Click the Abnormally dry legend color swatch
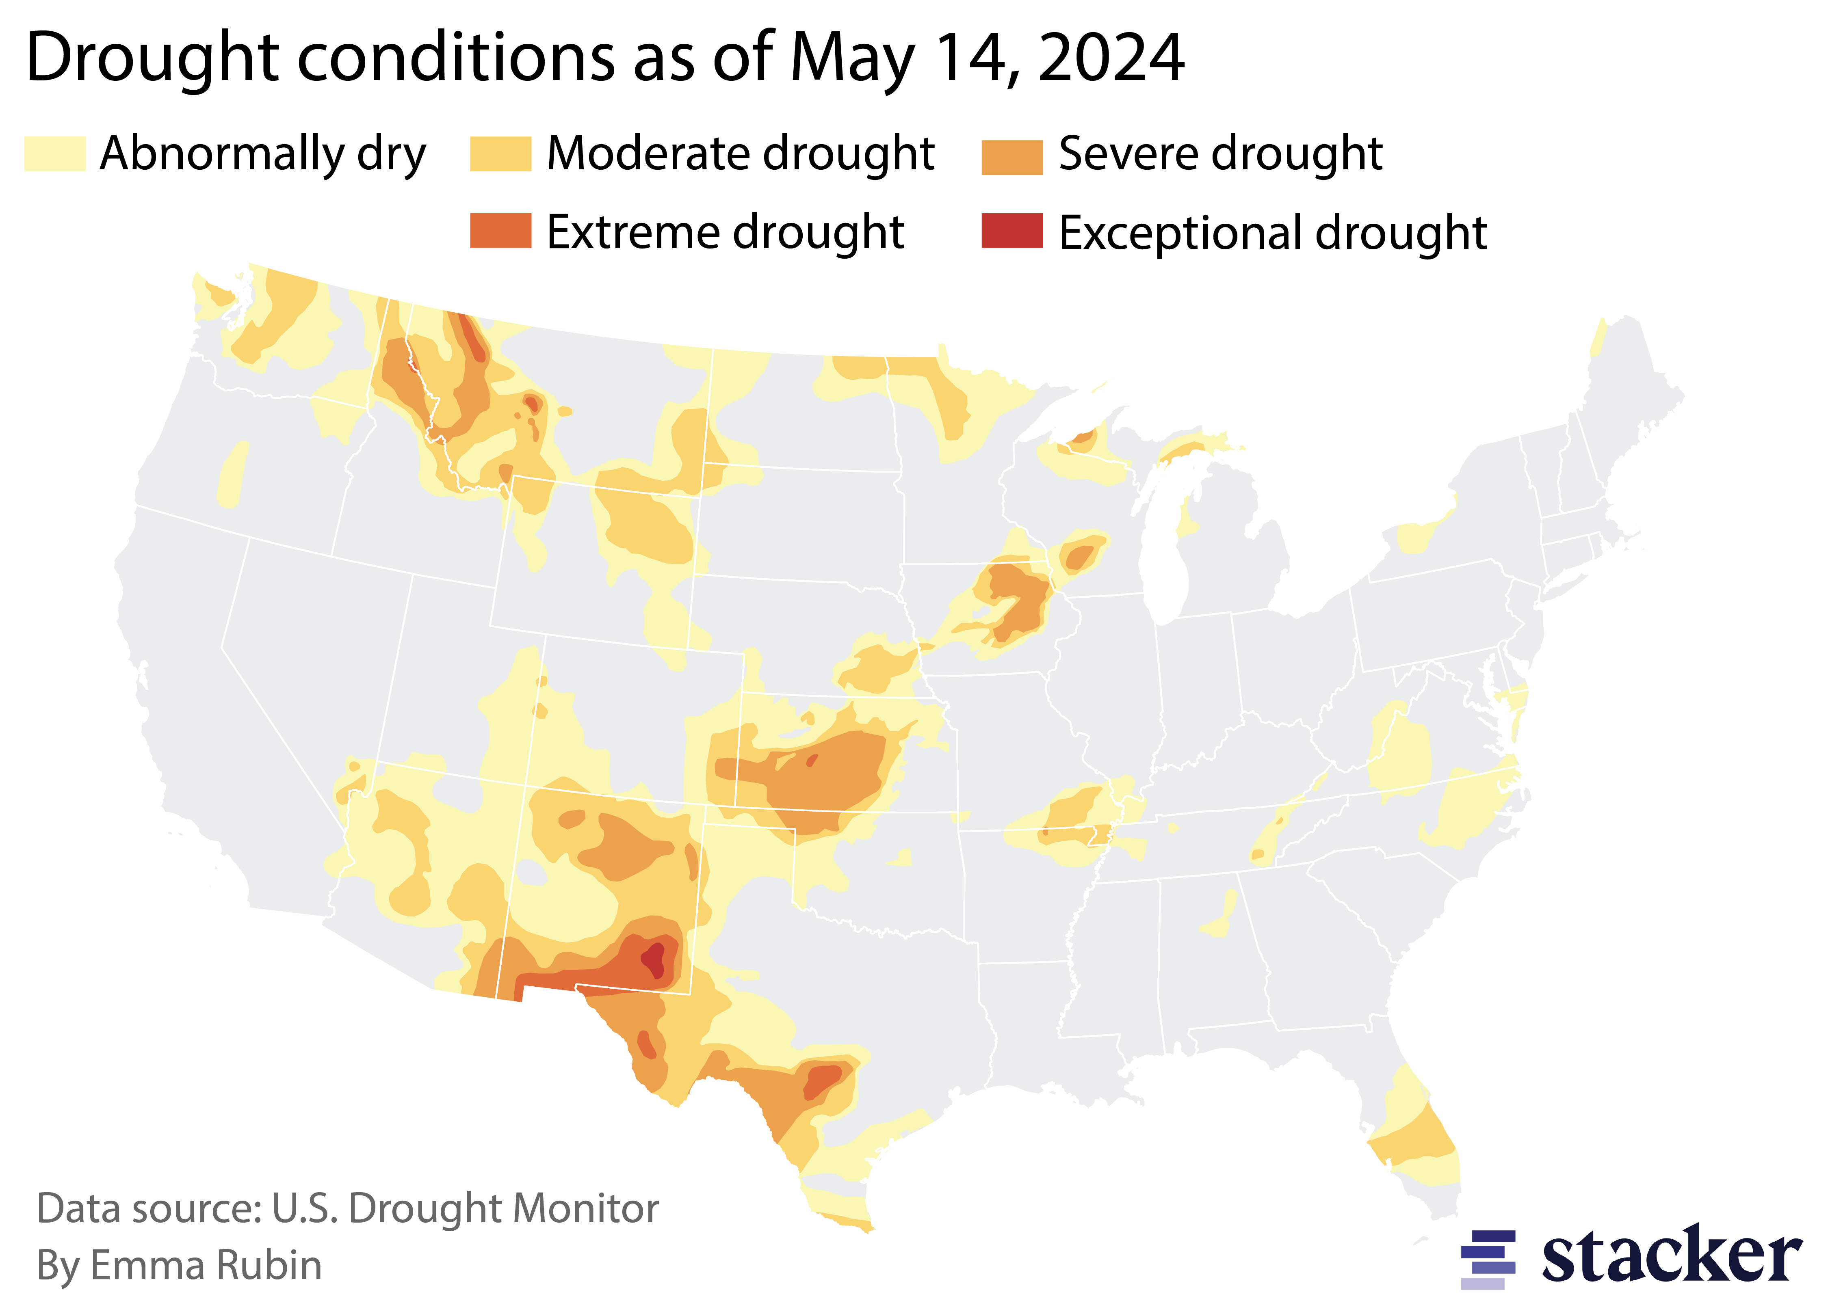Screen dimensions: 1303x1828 click(54, 154)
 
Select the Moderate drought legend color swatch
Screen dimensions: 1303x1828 click(500, 154)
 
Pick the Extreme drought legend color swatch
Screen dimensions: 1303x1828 click(500, 231)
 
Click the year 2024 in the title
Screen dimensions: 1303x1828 click(1111, 58)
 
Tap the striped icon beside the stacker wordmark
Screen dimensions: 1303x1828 click(1488, 1258)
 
